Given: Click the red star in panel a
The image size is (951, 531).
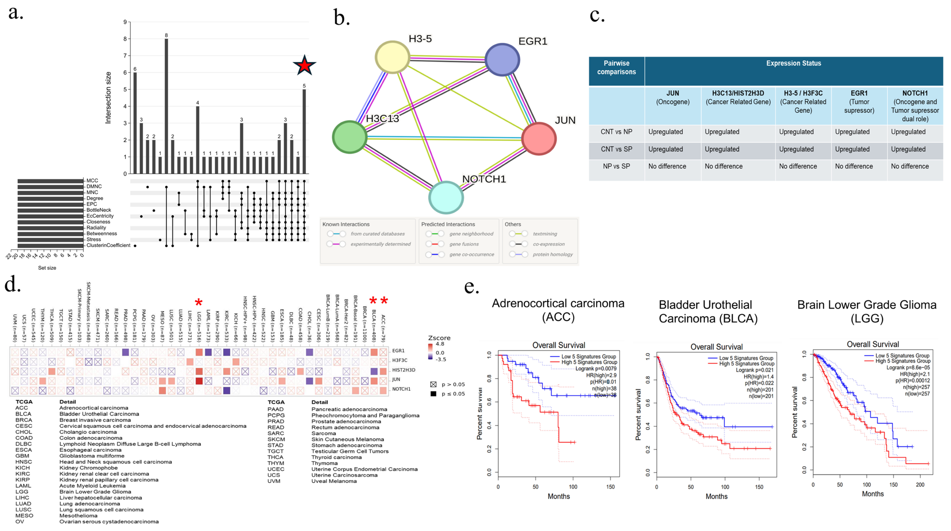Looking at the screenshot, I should (305, 65).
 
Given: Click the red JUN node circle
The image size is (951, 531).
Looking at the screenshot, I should (539, 138).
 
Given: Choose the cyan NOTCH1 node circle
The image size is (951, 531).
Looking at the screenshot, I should (446, 197).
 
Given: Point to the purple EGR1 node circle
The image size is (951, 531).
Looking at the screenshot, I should (502, 59).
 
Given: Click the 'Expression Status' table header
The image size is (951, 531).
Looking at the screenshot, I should (793, 63).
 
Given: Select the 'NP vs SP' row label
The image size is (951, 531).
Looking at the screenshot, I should (616, 166).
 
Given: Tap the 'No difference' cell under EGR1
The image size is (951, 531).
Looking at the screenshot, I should (854, 166).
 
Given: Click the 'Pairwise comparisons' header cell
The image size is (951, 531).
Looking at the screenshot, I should (616, 68).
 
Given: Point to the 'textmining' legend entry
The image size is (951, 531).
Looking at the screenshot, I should (545, 234).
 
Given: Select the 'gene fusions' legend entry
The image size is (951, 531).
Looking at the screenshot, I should (464, 244).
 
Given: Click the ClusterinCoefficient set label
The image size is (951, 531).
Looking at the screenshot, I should (108, 245).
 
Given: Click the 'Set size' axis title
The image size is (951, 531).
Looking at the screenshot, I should (47, 268).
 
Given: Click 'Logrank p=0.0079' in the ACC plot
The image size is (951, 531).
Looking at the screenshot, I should (596, 369).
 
